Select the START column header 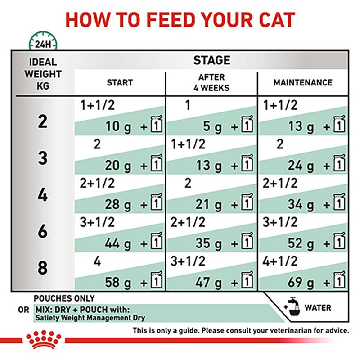coord(120,83)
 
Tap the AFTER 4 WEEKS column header coord(211,83)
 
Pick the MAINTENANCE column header coord(303,83)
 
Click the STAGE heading coord(211,60)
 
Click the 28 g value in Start coord(118,205)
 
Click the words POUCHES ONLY coord(64,298)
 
